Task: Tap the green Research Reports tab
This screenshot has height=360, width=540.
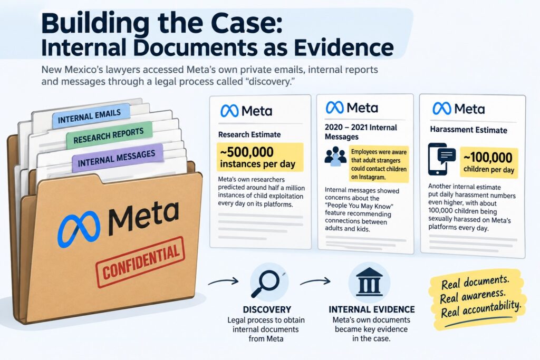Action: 109,135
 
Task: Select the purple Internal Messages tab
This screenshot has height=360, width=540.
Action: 117,158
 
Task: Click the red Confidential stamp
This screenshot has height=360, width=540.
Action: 140,262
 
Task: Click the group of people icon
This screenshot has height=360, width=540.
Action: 335,157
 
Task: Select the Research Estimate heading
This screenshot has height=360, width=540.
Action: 249,134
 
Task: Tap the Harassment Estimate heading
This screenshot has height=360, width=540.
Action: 468,130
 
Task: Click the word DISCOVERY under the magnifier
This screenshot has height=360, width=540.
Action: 267,309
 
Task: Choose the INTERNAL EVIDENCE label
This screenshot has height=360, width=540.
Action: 372,309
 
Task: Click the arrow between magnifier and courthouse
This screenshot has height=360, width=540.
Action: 315,281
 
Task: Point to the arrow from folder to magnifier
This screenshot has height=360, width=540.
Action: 223,281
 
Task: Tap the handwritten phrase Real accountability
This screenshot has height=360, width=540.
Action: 481,308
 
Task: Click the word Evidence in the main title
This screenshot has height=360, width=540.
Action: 343,47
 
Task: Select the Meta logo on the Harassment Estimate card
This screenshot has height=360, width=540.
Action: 458,109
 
